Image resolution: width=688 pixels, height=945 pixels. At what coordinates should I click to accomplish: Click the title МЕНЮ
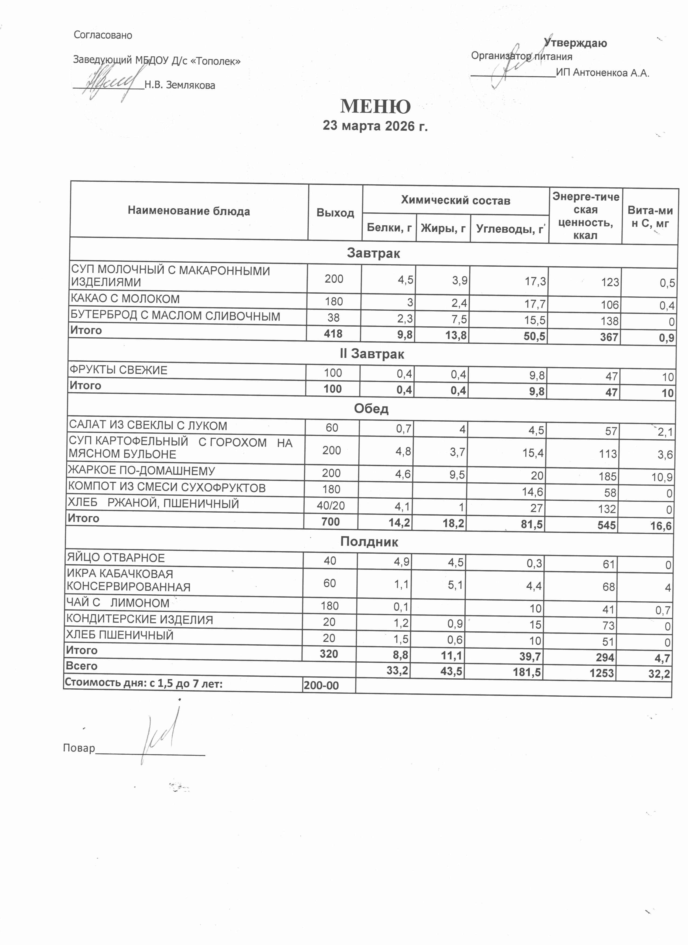[375, 107]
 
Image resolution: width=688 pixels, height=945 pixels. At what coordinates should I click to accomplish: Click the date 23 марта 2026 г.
[375, 126]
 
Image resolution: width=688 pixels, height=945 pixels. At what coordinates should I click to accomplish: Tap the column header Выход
[335, 213]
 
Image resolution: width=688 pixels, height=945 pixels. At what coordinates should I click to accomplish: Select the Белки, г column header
[389, 228]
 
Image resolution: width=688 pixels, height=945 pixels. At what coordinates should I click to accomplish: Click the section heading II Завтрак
[372, 354]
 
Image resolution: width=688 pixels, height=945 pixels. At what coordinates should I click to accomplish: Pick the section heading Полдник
[369, 542]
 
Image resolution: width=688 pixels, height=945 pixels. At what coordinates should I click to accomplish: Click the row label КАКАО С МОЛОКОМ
[125, 299]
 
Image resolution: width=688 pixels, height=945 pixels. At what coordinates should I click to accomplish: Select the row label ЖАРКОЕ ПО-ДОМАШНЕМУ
[142, 471]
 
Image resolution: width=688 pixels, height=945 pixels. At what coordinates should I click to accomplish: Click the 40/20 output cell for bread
[331, 506]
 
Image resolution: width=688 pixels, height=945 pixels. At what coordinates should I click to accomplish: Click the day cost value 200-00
[321, 685]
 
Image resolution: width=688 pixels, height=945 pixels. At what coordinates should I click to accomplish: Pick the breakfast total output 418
[333, 334]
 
